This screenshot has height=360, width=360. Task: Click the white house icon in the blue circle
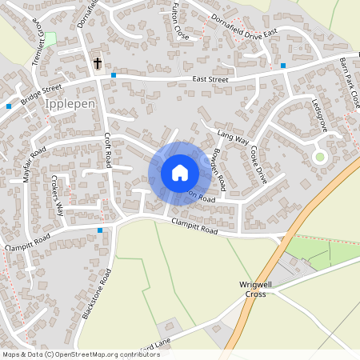click(x=180, y=172)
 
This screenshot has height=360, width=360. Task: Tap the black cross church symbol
click(x=98, y=62)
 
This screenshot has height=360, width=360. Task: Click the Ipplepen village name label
click(x=70, y=105)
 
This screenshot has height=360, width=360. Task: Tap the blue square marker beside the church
click(x=114, y=75)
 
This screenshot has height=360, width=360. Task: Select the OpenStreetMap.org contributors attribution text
click(x=104, y=354)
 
